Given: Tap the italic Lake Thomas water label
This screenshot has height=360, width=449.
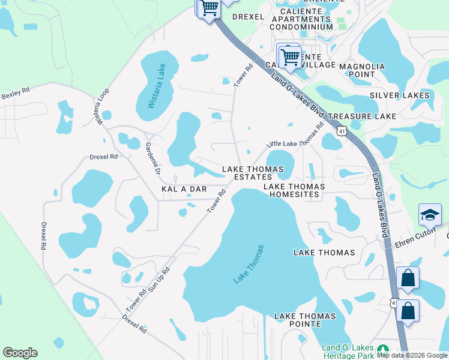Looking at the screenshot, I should (x=249, y=264).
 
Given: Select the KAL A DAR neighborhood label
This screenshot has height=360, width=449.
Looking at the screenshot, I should (x=184, y=189).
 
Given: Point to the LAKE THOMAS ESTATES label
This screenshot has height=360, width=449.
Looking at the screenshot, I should (x=253, y=173).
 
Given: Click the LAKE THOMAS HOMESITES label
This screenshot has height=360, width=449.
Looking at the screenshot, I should (x=295, y=190).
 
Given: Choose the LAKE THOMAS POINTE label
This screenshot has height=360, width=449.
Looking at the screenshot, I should (x=305, y=320).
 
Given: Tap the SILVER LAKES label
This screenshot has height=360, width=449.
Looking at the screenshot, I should (x=399, y=95).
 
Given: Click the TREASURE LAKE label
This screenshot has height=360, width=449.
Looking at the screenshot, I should (x=362, y=115).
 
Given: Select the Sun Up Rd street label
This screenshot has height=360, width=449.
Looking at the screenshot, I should (x=161, y=278).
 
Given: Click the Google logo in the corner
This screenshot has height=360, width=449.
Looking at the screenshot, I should (x=20, y=353).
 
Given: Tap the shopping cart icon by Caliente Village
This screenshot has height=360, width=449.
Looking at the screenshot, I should (x=290, y=57).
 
